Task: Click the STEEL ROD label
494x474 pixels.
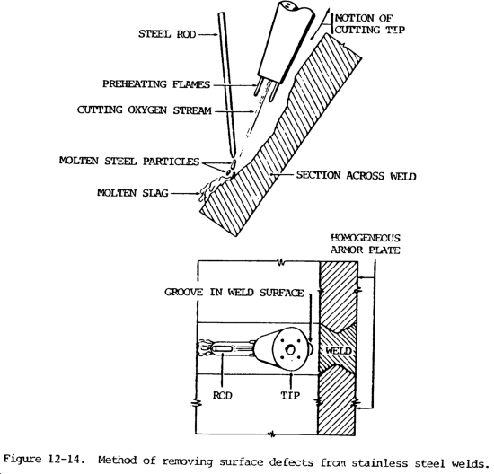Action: point(167,34)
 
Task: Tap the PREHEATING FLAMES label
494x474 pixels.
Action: point(156,84)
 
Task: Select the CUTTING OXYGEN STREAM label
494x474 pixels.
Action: point(145,110)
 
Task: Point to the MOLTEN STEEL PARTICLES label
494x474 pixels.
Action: point(129,161)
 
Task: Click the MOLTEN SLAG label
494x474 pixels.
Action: point(133,193)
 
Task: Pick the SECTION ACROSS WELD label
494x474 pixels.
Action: point(356,175)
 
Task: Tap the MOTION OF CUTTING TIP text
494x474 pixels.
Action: point(369,24)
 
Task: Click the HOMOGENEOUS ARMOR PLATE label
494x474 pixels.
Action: point(366,244)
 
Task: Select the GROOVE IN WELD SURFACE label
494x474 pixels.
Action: point(234,293)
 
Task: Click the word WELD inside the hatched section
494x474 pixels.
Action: point(339,350)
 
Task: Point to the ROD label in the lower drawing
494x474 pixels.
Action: point(223,395)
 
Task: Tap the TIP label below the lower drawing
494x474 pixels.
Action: point(290,395)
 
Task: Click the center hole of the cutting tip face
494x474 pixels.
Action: point(290,349)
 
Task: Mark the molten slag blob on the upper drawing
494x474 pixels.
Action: point(212,187)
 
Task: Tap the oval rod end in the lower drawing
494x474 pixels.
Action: point(222,349)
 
